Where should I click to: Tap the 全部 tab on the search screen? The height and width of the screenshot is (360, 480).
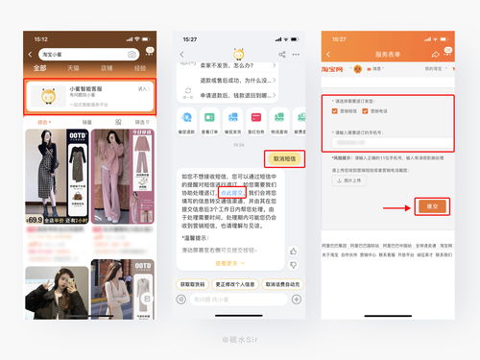tap(39, 68)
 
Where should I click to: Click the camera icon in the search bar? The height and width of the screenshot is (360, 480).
tap(132, 55)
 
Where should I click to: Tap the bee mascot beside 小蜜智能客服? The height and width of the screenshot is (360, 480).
tap(47, 95)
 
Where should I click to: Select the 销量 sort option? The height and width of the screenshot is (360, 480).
tap(86, 122)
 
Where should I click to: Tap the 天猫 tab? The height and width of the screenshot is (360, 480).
tap(73, 68)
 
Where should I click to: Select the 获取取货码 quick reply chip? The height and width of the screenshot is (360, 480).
tap(194, 284)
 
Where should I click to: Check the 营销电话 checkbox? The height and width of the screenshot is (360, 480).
tap(367, 110)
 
